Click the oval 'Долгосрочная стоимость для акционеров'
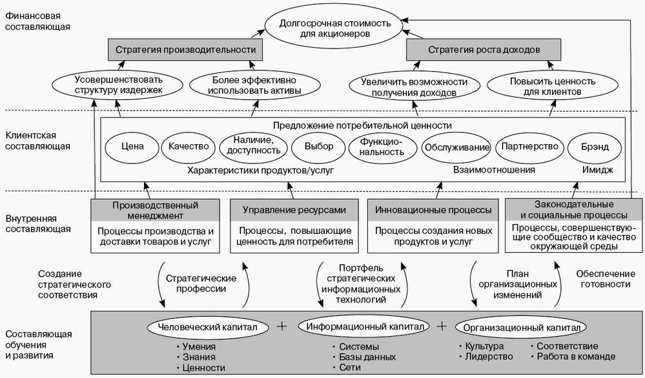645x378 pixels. [x=326, y=28]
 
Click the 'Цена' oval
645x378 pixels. [x=131, y=146]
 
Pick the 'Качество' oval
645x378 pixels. [x=189, y=146]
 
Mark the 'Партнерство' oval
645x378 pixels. [x=529, y=146]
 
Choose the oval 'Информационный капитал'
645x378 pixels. [x=365, y=327]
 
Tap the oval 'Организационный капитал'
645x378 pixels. [x=521, y=327]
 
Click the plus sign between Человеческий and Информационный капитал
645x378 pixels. [x=282, y=326]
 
